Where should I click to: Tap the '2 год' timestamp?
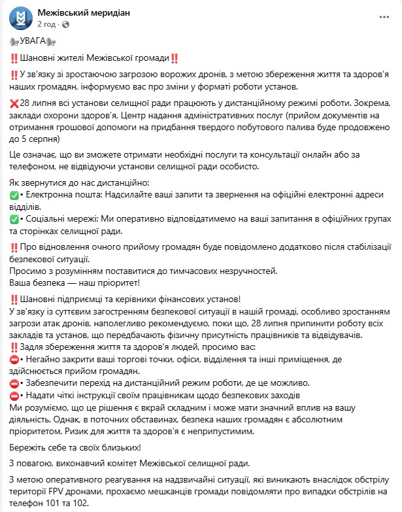tap(47, 24)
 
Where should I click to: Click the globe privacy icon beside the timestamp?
tap(65, 24)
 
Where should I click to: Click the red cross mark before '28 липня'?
tap(15, 104)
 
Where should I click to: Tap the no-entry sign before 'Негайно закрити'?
tap(15, 360)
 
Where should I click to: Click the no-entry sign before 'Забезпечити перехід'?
tap(15, 383)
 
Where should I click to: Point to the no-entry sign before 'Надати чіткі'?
tap(15, 396)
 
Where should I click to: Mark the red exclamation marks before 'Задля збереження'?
tap(15, 347)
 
